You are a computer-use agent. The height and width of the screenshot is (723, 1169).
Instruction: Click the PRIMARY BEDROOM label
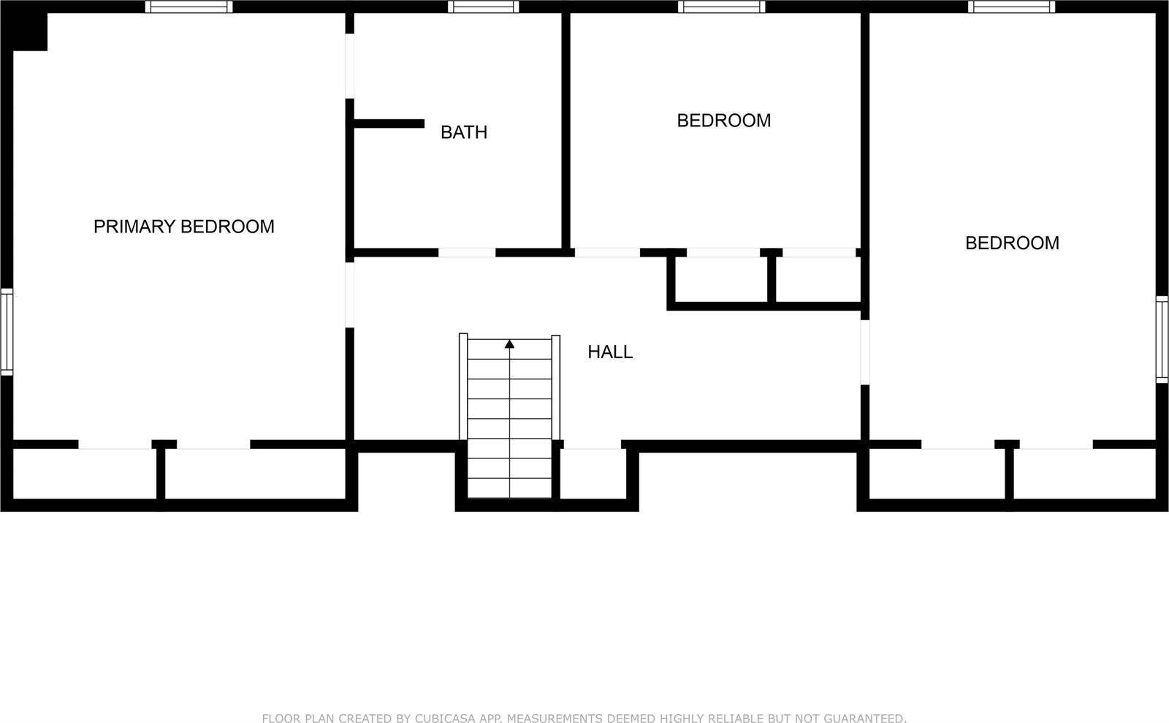tap(183, 227)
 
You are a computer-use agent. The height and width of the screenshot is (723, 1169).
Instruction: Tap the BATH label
tap(463, 132)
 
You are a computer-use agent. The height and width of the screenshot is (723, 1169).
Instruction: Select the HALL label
tap(610, 352)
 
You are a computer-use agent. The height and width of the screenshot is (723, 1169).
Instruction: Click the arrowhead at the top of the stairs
tap(509, 344)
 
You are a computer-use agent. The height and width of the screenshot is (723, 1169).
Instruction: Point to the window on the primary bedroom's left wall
tap(6, 331)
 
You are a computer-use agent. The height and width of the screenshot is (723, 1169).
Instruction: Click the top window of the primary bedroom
tap(189, 7)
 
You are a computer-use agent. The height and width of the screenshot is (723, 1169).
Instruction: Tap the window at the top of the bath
tap(483, 7)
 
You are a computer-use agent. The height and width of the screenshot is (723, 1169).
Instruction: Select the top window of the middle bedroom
tap(721, 7)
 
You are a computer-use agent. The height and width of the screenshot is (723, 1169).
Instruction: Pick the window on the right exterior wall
tap(1162, 339)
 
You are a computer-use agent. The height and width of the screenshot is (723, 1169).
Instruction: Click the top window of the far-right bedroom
tap(1012, 7)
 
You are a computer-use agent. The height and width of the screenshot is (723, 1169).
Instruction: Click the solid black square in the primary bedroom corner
tap(29, 31)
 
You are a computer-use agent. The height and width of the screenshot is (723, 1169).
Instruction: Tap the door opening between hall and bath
tap(467, 253)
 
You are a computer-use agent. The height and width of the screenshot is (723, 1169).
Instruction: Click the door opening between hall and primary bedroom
tap(349, 294)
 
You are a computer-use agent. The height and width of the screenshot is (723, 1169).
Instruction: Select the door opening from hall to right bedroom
tap(864, 352)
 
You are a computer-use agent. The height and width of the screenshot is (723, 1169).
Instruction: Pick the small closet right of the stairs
tap(593, 474)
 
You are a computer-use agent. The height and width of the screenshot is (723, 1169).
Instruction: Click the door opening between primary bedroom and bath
tap(349, 66)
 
